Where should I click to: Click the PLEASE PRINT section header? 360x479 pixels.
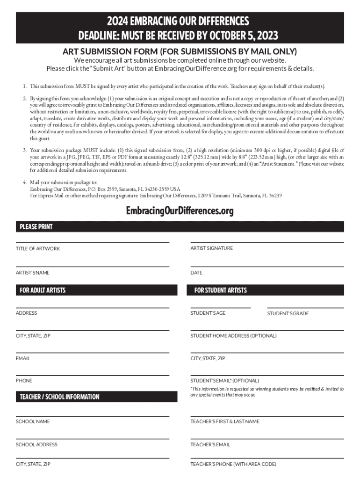tap(36, 227)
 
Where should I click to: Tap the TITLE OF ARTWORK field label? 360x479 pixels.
tap(38, 248)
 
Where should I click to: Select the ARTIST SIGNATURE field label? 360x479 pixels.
tap(211, 248)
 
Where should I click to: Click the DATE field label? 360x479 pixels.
tap(196, 272)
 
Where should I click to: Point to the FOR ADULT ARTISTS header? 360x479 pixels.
tap(43, 290)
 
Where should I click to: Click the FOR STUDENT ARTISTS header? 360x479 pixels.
tap(220, 290)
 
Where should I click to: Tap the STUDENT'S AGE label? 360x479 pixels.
tap(208, 313)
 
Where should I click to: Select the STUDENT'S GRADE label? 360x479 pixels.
tap(288, 313)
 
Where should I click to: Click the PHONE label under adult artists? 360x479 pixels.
tap(24, 381)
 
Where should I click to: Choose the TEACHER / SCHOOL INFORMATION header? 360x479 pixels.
tap(59, 397)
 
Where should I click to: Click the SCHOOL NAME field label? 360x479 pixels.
tap(33, 421)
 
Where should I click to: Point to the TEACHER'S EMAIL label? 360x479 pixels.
tap(210, 444)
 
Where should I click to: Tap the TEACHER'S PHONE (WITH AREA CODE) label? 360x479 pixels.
tap(233, 464)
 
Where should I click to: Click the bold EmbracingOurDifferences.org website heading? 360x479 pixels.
tap(180, 211)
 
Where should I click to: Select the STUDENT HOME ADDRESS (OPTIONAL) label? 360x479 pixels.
tap(233, 335)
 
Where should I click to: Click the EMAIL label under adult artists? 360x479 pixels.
tap(23, 358)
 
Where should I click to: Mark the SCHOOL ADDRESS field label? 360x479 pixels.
tap(36, 444)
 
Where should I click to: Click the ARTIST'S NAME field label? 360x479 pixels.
tap(33, 272)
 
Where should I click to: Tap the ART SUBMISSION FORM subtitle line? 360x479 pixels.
tap(180, 51)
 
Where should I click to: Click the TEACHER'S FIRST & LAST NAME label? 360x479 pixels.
tap(224, 421)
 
